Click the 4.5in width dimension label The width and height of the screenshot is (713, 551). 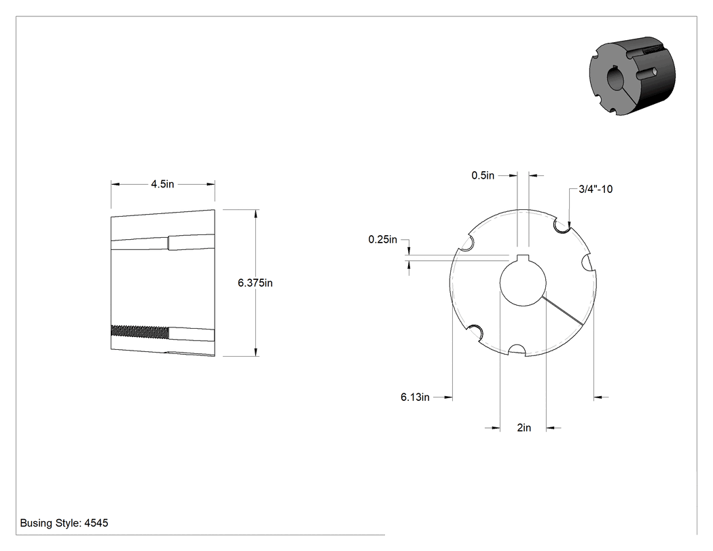[x=162, y=184]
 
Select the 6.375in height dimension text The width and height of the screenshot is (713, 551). [x=255, y=283]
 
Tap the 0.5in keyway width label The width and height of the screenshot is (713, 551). [x=483, y=176]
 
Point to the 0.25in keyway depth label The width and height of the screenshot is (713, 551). [x=383, y=239]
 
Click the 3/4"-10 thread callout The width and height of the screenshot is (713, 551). [x=596, y=190]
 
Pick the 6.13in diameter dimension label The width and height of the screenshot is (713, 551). [x=415, y=397]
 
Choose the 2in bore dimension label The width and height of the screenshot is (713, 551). [x=524, y=428]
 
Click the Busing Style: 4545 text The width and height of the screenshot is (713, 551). [x=64, y=523]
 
